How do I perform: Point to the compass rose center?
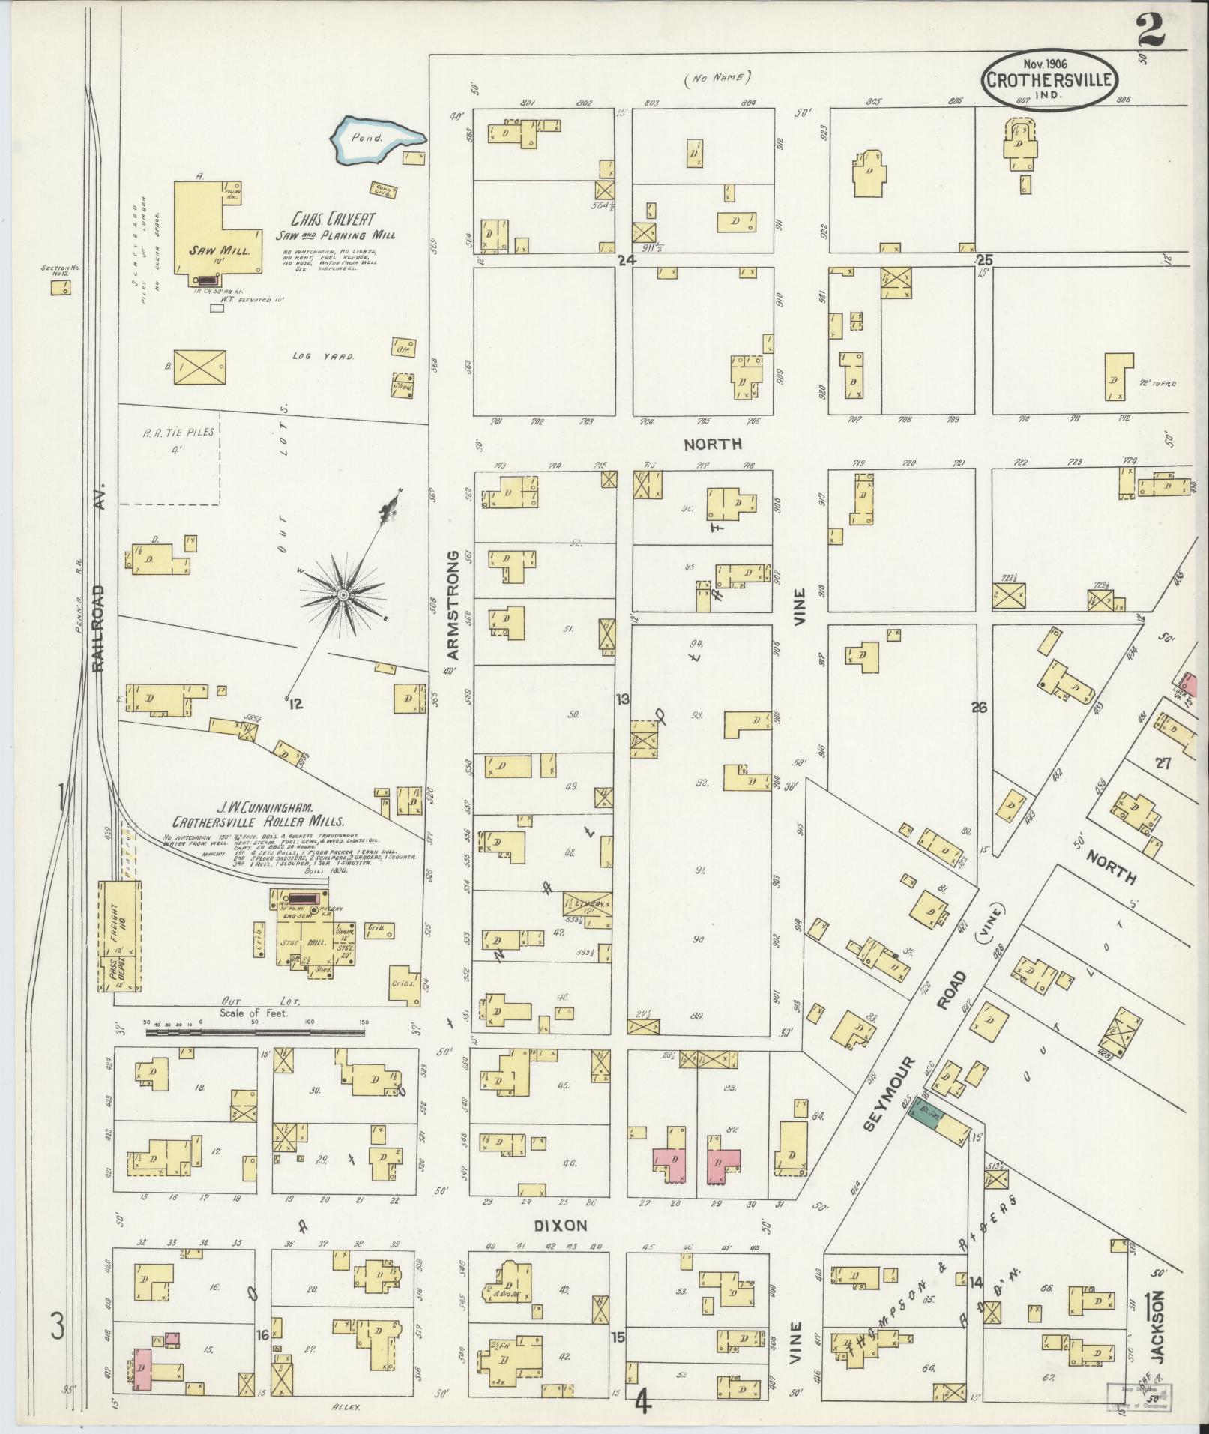[342, 594]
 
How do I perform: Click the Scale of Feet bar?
[255, 1032]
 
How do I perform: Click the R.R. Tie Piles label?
[167, 433]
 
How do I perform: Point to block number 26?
[979, 707]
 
